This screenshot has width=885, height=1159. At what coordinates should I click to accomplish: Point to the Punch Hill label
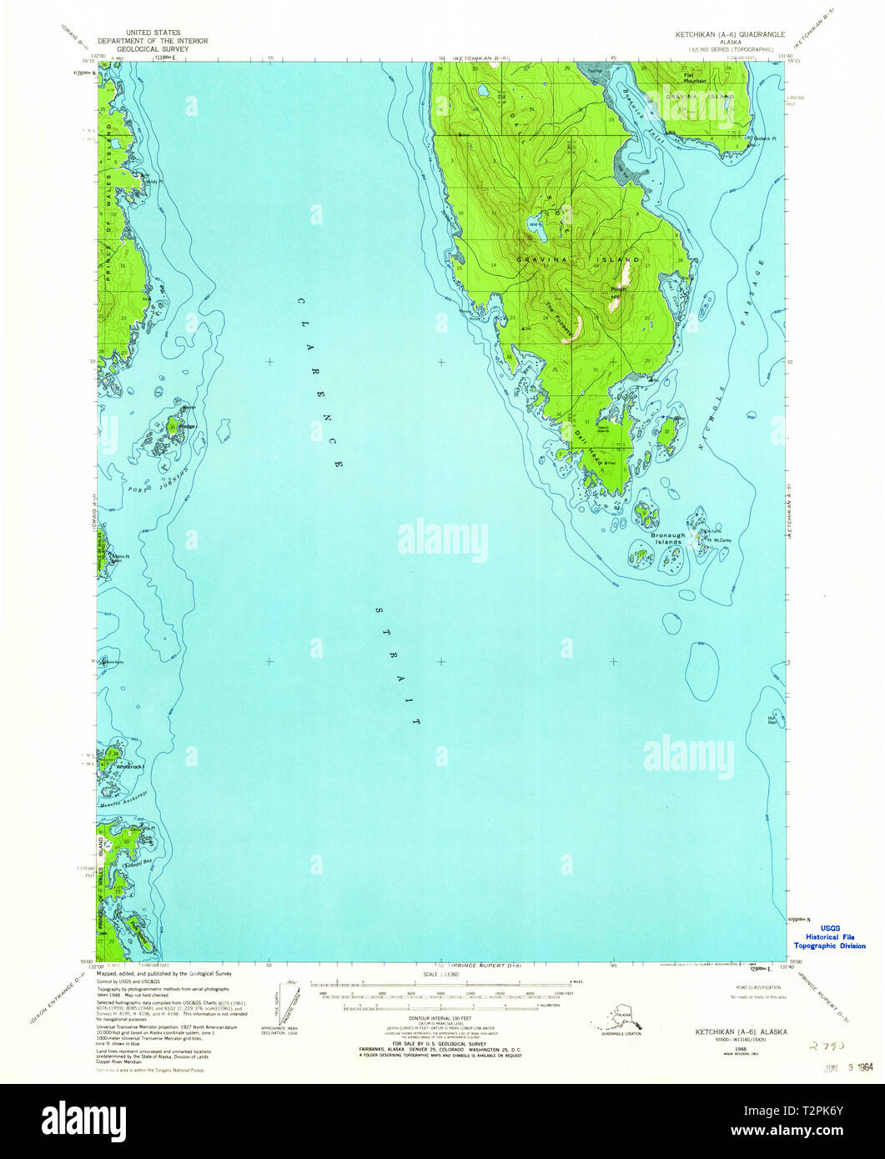coord(617,293)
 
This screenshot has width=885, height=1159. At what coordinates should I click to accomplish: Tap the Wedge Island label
coord(187,427)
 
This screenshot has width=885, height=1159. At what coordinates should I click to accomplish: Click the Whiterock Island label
coord(130,765)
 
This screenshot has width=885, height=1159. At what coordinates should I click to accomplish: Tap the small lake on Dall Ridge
coord(531,223)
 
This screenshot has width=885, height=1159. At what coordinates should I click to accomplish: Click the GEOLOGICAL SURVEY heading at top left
coord(153,49)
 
